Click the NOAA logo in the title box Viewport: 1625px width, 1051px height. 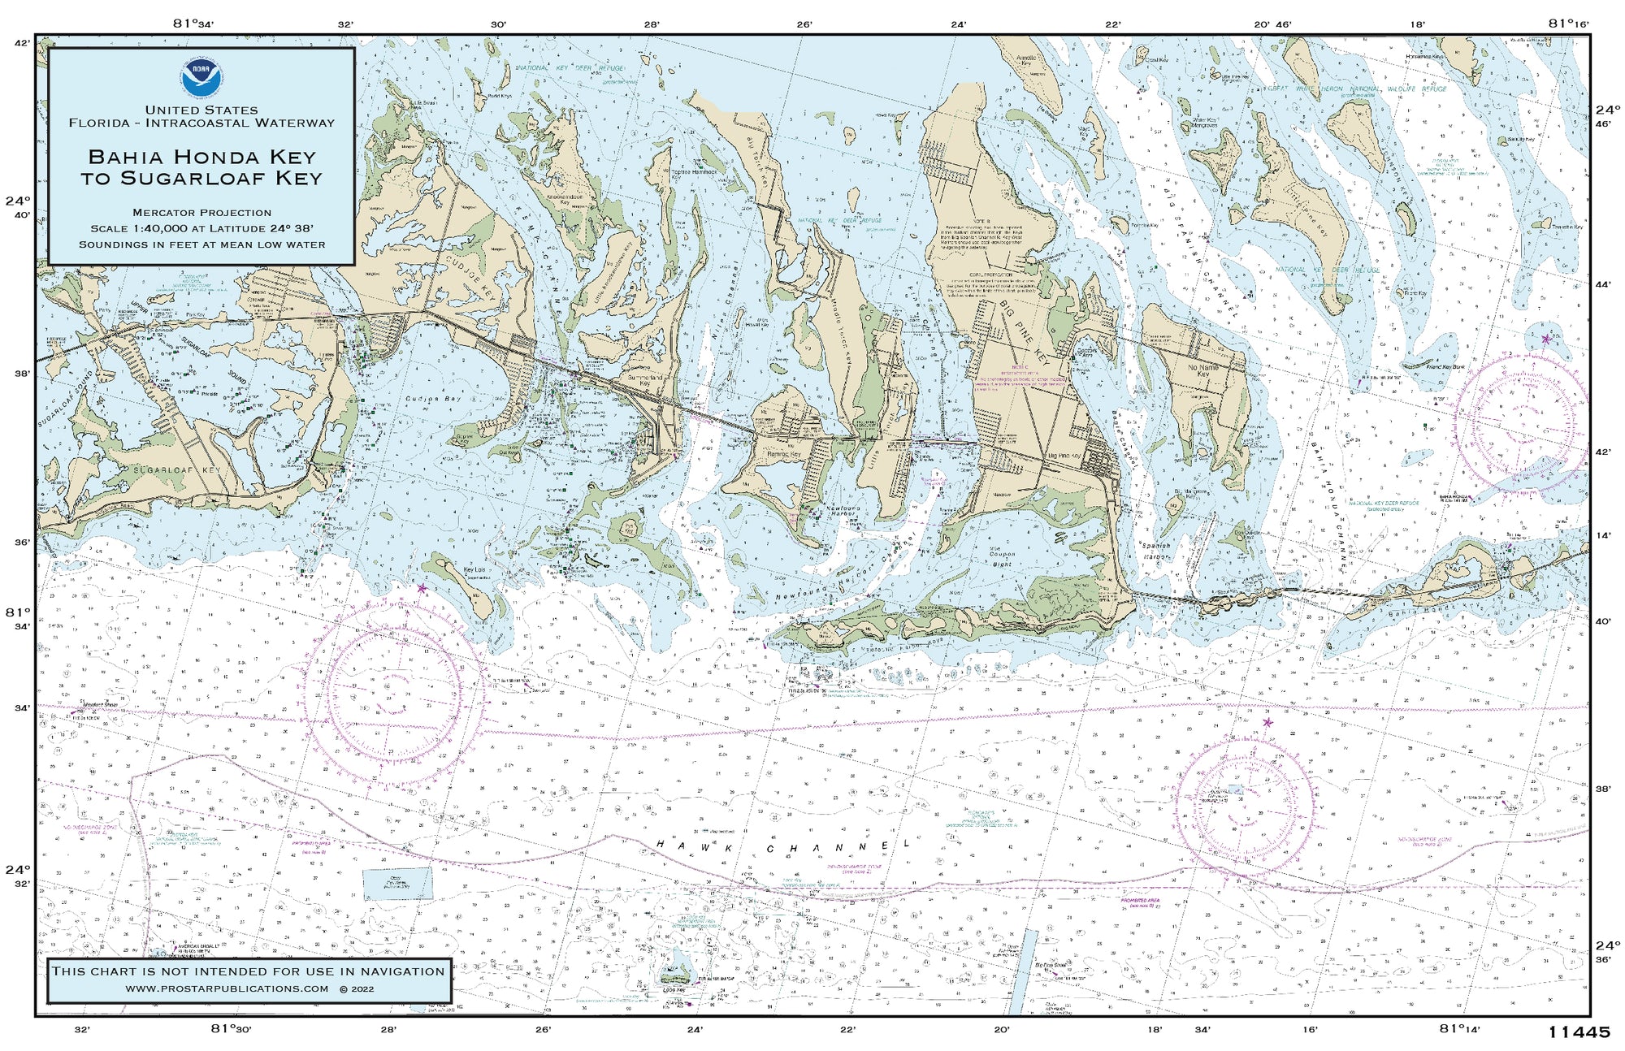point(201,74)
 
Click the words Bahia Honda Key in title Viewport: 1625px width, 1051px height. point(201,157)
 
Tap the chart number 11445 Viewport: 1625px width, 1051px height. point(1578,1032)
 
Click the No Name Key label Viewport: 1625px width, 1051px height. point(1203,371)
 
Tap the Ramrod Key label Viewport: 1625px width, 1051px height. point(784,455)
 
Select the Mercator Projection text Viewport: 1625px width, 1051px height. point(201,213)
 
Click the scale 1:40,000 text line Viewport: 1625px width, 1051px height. point(201,228)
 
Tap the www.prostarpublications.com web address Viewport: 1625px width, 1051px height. point(227,988)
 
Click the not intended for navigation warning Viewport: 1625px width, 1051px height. point(249,971)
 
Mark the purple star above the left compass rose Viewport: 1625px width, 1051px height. point(422,588)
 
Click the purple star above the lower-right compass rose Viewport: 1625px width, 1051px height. point(1267,722)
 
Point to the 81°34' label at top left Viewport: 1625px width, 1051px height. point(195,23)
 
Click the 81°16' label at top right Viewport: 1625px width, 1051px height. point(1568,23)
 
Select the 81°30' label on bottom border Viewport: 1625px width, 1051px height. point(232,1029)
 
